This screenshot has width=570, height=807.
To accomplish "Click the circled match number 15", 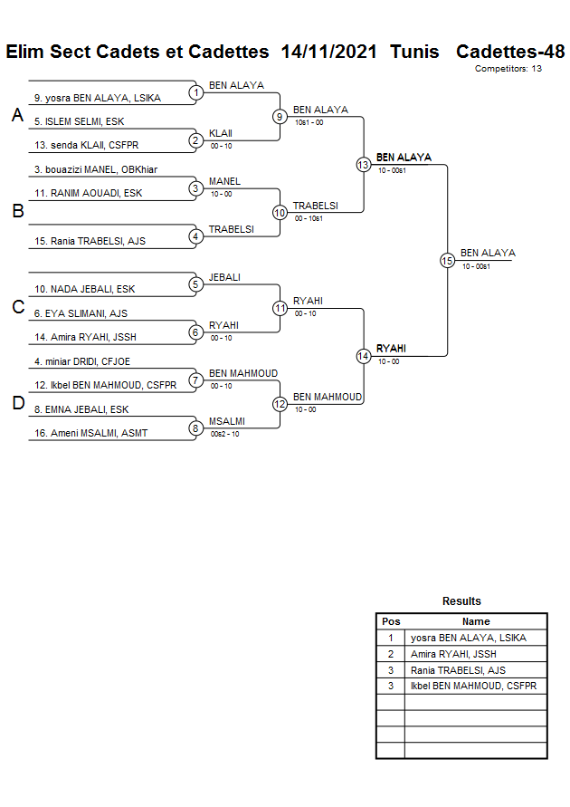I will pos(447,260).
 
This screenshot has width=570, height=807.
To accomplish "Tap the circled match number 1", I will pos(195,92).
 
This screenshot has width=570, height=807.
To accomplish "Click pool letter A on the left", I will pos(17,116).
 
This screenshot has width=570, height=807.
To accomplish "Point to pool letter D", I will pos(17,404).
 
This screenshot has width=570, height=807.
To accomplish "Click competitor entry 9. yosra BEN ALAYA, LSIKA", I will pos(97,98).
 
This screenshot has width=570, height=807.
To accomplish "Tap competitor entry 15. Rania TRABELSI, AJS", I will pos(90,241).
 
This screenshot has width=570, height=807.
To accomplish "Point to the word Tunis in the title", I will pos(414,52).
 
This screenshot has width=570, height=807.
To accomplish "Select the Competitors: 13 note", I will pos(508,69).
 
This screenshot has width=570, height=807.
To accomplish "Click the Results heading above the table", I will pos(461,601).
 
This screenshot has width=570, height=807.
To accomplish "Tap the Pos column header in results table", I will pos(391,621).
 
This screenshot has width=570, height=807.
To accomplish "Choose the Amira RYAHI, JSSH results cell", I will pos(453,654).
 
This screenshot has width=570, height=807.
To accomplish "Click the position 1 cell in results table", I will pos(391,638).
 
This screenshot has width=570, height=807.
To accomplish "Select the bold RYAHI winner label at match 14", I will pos(391,349).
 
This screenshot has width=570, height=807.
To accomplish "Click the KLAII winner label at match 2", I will pos(221,133).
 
